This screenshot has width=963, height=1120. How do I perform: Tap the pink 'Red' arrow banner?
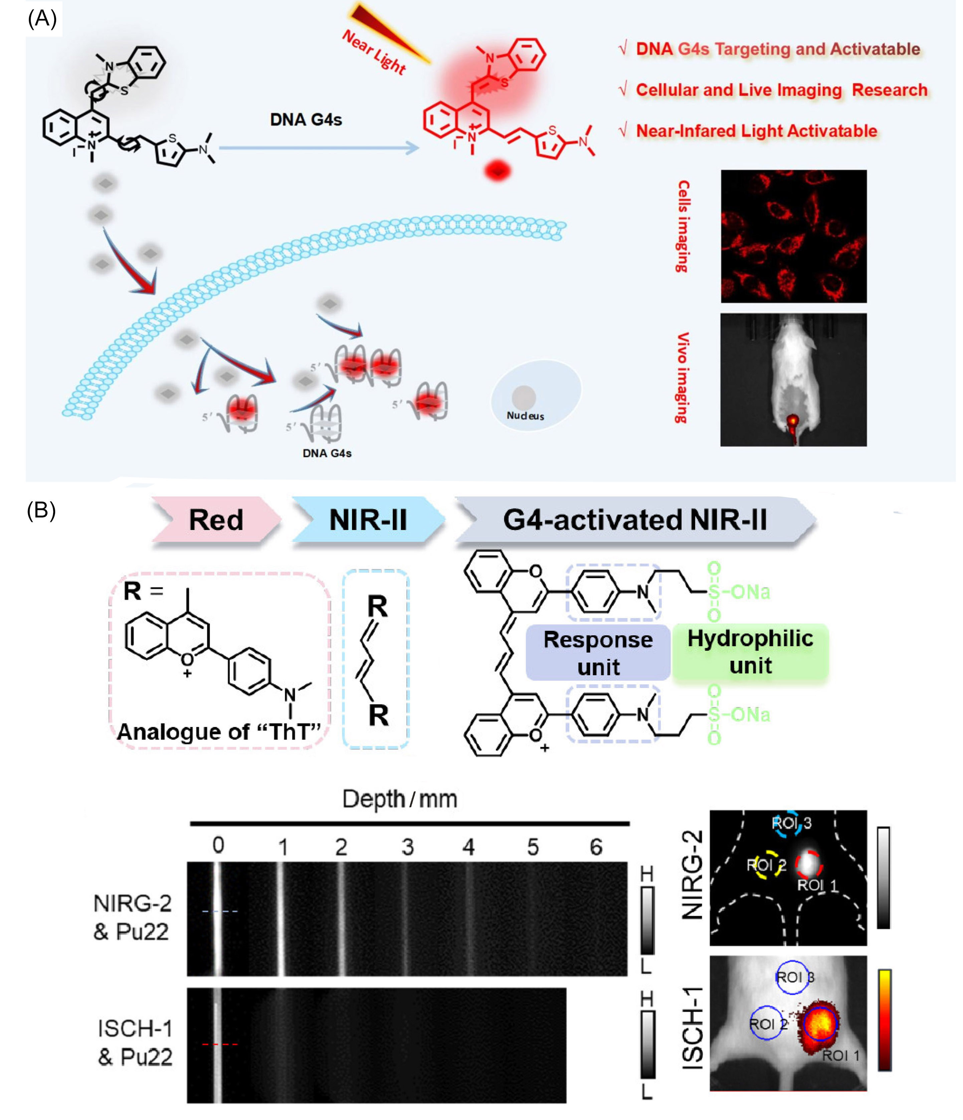tap(216, 519)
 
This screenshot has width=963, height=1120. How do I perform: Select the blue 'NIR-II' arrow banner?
tap(368, 519)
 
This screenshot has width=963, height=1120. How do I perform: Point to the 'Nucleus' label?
tap(525, 416)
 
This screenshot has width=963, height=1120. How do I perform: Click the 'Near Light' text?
tap(374, 52)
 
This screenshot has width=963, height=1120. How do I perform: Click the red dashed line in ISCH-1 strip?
tap(219, 1044)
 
